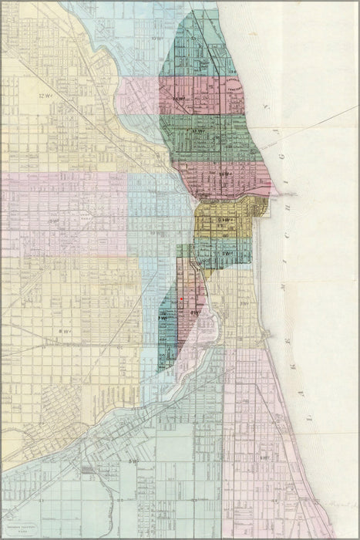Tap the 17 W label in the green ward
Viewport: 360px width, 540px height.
pyautogui.click(x=198, y=132)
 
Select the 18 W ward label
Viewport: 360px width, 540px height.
pyautogui.click(x=224, y=174)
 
